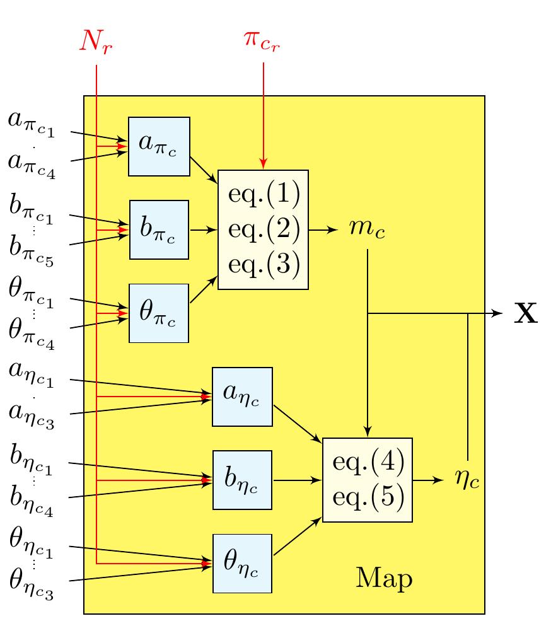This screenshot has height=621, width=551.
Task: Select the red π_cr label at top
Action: click(x=264, y=39)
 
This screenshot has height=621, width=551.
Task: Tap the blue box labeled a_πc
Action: click(x=159, y=146)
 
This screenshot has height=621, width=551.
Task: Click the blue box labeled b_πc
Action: click(x=159, y=229)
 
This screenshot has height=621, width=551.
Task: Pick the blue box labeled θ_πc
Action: click(x=159, y=313)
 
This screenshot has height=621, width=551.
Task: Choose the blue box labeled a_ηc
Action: click(x=242, y=397)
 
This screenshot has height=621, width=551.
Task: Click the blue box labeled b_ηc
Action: click(x=242, y=480)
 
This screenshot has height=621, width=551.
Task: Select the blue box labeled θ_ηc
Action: click(x=242, y=563)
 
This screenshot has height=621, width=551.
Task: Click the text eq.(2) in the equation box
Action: click(x=263, y=229)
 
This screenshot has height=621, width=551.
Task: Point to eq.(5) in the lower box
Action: click(x=367, y=497)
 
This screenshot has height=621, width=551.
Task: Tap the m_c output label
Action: click(x=367, y=230)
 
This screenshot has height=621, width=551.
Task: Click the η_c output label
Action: click(x=467, y=480)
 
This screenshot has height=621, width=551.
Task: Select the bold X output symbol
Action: click(x=526, y=313)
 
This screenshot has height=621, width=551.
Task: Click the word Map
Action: click(x=384, y=578)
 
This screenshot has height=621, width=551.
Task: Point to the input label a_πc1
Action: click(x=32, y=124)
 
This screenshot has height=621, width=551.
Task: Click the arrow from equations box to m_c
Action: click(x=323, y=230)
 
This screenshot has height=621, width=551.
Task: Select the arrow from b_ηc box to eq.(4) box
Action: click(x=297, y=480)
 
